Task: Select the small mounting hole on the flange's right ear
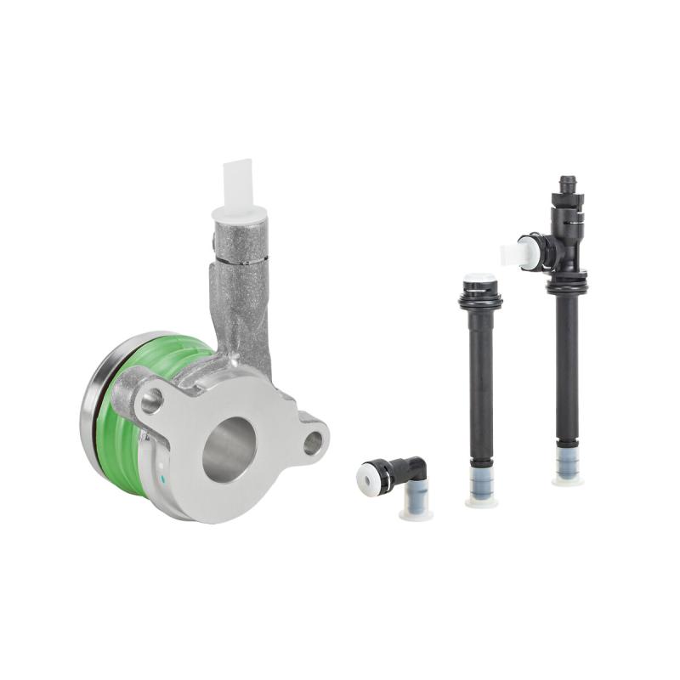point(313,442)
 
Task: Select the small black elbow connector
point(404,472)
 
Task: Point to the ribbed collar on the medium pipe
point(480,299)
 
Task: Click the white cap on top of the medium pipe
point(480,278)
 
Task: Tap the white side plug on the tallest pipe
point(515,253)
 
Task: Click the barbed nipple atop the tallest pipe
point(567,184)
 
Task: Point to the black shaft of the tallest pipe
point(567,365)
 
